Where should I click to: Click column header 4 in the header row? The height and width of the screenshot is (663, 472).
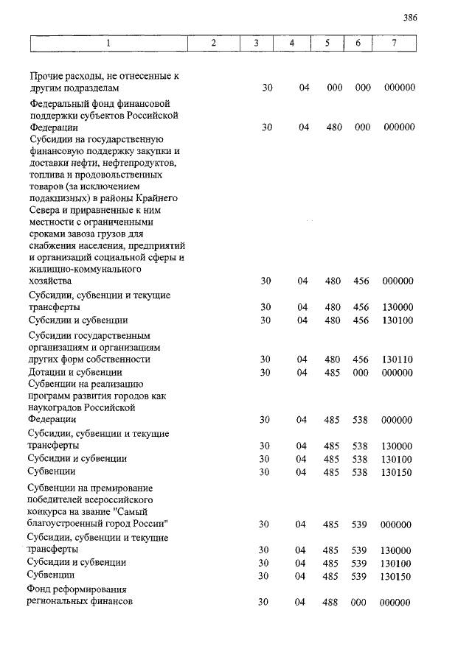click(292, 43)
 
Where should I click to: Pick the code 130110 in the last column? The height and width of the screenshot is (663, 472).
click(398, 359)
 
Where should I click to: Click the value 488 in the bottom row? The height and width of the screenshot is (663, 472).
click(330, 602)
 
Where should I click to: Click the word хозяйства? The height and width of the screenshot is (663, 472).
click(50, 281)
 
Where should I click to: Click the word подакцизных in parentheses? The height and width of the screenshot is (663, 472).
click(58, 198)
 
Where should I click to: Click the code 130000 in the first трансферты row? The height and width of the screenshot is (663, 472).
click(398, 307)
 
